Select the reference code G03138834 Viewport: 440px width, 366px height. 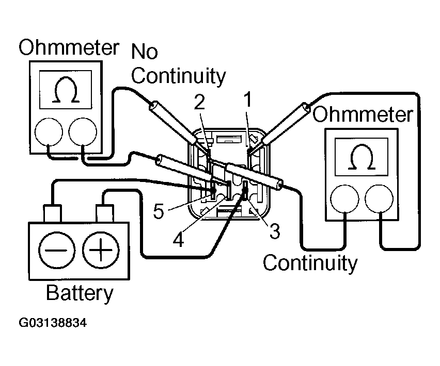click(53, 324)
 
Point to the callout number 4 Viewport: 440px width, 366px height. click(178, 240)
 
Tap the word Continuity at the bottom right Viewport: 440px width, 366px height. click(310, 263)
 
